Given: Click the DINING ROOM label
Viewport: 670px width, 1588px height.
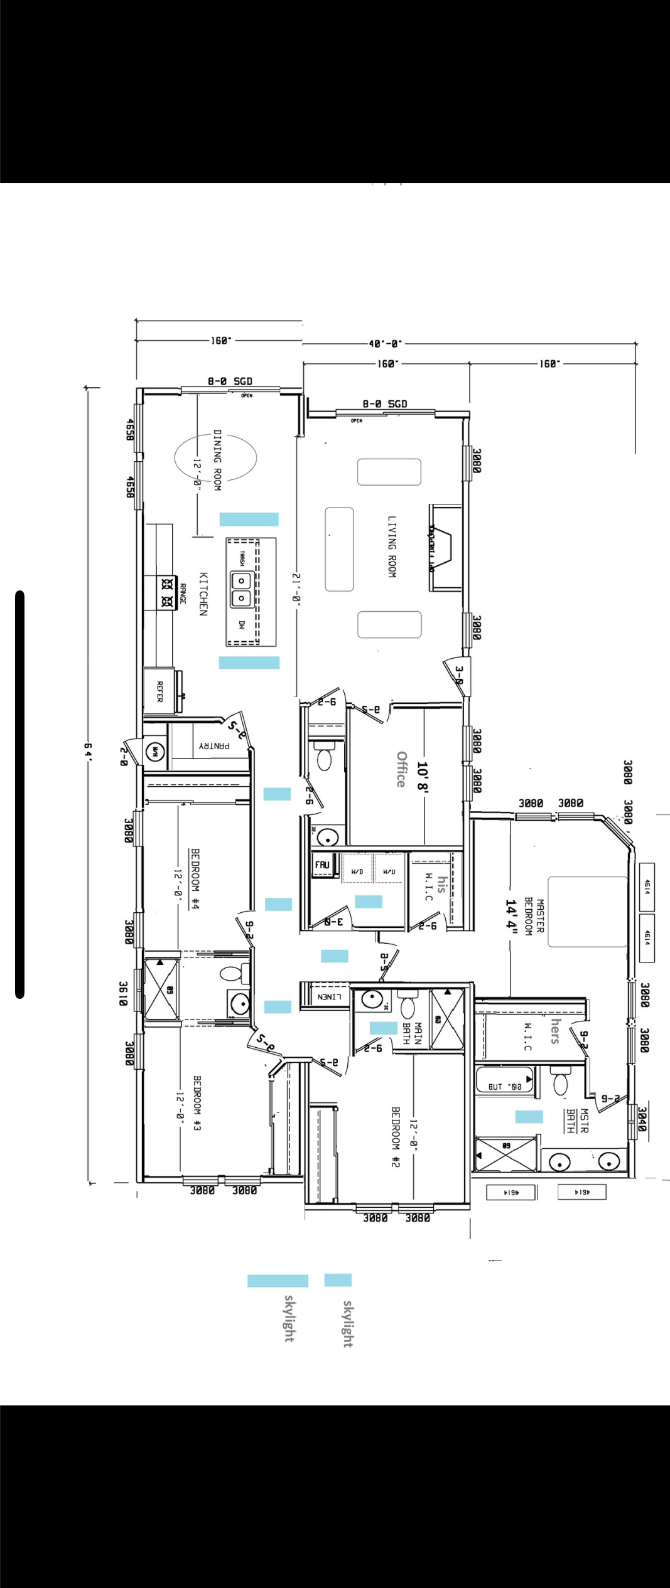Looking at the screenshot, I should pos(217,460).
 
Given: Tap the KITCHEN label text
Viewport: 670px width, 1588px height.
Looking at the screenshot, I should pos(203,594).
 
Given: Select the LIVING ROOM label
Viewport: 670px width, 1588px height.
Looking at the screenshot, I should pos(392,546).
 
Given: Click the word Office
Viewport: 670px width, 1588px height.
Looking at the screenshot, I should pos(401,769).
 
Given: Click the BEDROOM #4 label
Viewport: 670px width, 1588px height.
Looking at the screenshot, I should pos(195,879).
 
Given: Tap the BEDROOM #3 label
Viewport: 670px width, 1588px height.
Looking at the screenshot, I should pos(197,1103).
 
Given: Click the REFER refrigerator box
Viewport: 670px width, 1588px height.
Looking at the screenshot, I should pos(159,691).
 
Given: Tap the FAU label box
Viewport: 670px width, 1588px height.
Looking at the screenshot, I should pos(322,865).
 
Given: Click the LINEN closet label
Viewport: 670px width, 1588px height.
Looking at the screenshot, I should pos(329,996).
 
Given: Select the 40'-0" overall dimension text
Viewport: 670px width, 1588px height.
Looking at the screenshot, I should pos(385,344).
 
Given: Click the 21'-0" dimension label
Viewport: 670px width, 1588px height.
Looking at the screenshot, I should pos(296,587).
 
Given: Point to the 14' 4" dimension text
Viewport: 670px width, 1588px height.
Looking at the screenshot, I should pos(511,917).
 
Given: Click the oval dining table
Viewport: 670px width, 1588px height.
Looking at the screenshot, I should pos(215,459).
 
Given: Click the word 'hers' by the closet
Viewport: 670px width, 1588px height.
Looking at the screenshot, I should pos(555,1031).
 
